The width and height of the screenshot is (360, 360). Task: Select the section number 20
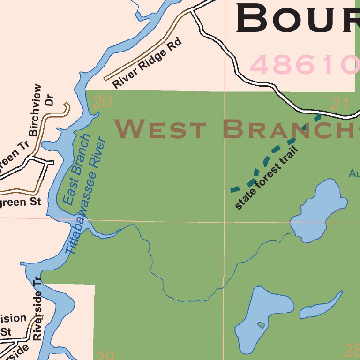click(102, 102)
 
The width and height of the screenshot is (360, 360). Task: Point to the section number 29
click(104, 356)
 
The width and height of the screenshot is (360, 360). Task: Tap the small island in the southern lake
click(261, 325)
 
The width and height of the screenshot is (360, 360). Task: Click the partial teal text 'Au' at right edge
click(354, 174)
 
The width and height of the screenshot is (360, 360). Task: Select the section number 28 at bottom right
click(352, 350)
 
